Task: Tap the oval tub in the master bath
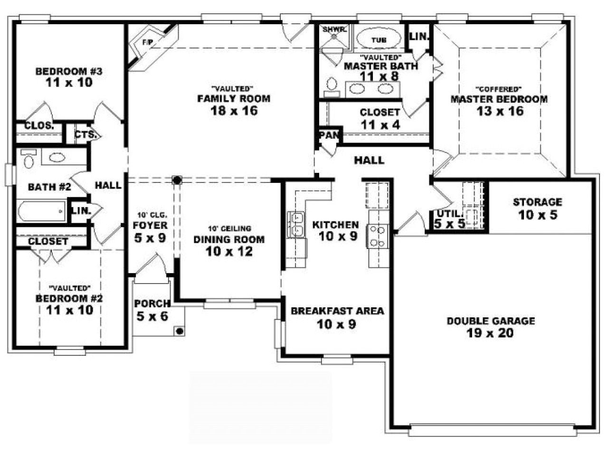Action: (x=379, y=40)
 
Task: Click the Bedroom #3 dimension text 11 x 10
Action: (x=69, y=83)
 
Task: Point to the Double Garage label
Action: (x=490, y=321)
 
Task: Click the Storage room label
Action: (x=537, y=202)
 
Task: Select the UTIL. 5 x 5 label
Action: (x=449, y=219)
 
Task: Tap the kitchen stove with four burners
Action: (x=378, y=236)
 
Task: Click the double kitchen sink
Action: (x=297, y=224)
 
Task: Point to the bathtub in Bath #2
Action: (x=41, y=210)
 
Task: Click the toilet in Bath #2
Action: (x=29, y=160)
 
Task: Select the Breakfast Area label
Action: (x=337, y=311)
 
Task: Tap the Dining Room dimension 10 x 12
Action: (x=229, y=251)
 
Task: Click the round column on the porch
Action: (x=180, y=331)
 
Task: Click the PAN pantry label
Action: (x=329, y=135)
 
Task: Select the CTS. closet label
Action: (x=85, y=134)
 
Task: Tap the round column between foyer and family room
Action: (x=177, y=180)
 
